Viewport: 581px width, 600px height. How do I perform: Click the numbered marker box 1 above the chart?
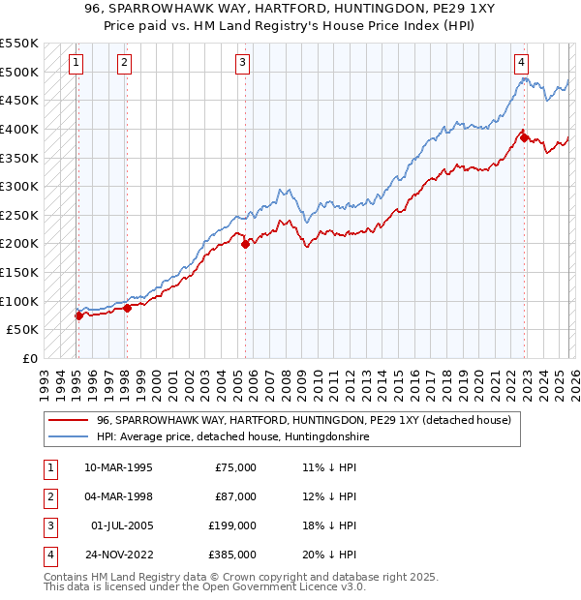(76, 63)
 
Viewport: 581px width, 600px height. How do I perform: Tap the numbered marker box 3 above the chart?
(242, 63)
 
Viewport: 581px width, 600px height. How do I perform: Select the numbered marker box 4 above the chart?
(521, 63)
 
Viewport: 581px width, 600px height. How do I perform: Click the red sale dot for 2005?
(246, 244)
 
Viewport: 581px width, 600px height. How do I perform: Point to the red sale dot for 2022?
(525, 137)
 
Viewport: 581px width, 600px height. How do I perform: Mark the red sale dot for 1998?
(127, 308)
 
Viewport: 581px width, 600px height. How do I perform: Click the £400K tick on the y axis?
(19, 129)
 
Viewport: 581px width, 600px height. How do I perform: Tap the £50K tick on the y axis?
(22, 330)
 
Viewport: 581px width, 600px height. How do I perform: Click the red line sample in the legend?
(70, 420)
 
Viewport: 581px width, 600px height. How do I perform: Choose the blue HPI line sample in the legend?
(70, 436)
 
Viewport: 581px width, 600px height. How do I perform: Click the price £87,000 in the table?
(235, 497)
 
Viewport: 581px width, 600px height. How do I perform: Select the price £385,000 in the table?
(232, 555)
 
